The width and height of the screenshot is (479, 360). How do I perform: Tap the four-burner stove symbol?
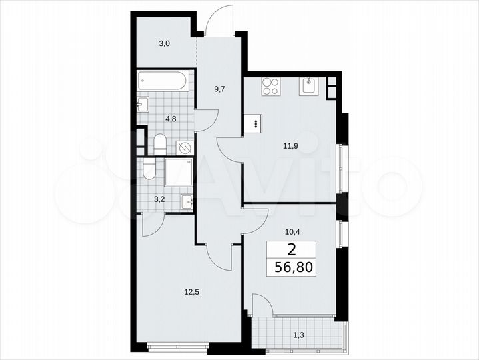270,87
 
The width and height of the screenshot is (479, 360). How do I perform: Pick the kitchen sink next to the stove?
308,86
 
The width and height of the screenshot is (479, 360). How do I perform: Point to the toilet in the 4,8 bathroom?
159,143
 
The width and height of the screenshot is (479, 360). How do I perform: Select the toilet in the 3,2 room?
149,172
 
